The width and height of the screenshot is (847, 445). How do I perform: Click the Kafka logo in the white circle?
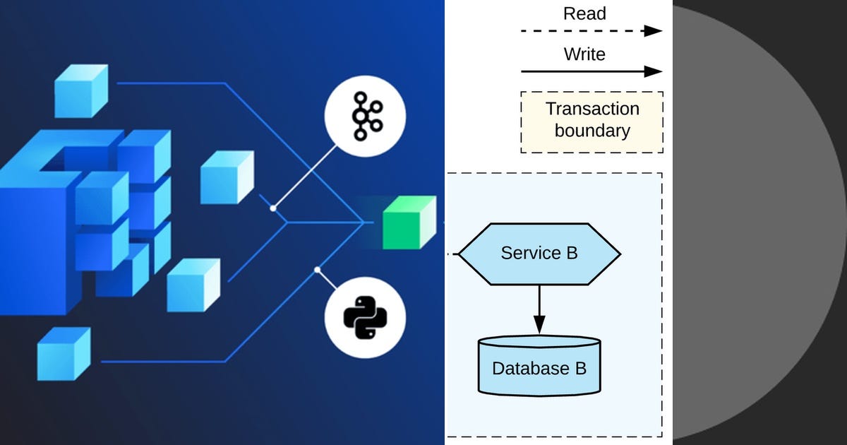coord(365,115)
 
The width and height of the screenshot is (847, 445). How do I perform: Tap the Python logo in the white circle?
coord(365,316)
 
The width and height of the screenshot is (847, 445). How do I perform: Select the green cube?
coord(409,222)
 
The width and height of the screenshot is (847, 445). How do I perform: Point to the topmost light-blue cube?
coord(80,90)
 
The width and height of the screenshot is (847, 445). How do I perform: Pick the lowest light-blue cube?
coord(63,354)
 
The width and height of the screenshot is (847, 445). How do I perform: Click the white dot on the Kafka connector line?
coord(272,208)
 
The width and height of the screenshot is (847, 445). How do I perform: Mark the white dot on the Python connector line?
coord(318,270)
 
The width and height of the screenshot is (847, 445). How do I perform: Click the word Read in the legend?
coord(584,13)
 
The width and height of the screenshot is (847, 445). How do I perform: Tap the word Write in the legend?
coord(584,54)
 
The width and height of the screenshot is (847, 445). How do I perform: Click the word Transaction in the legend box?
coord(592,109)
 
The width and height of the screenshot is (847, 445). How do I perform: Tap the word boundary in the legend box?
coord(592,131)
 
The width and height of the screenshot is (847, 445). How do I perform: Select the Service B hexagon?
coord(539,254)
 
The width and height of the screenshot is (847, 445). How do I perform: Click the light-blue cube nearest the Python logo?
coord(193,285)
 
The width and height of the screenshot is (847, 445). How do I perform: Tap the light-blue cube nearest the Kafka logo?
coord(226,177)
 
